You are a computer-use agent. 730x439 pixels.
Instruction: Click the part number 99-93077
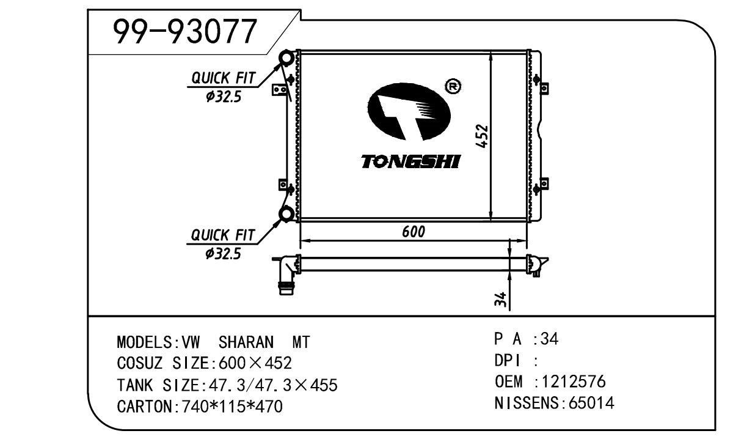pos(185,32)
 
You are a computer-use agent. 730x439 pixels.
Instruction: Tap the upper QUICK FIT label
pos(224,78)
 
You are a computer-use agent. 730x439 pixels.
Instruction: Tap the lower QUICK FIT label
pos(223,235)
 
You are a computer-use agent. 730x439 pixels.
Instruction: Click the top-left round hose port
pos(287,58)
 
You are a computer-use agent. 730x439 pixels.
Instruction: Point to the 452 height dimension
pos(483,136)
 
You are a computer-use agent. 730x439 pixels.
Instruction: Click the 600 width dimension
pos(414,232)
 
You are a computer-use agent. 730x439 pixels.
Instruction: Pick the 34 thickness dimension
pos(500,299)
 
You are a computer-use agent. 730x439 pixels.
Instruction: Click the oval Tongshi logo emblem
pos(409,112)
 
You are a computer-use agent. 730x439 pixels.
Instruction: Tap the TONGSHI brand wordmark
pos(411,161)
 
